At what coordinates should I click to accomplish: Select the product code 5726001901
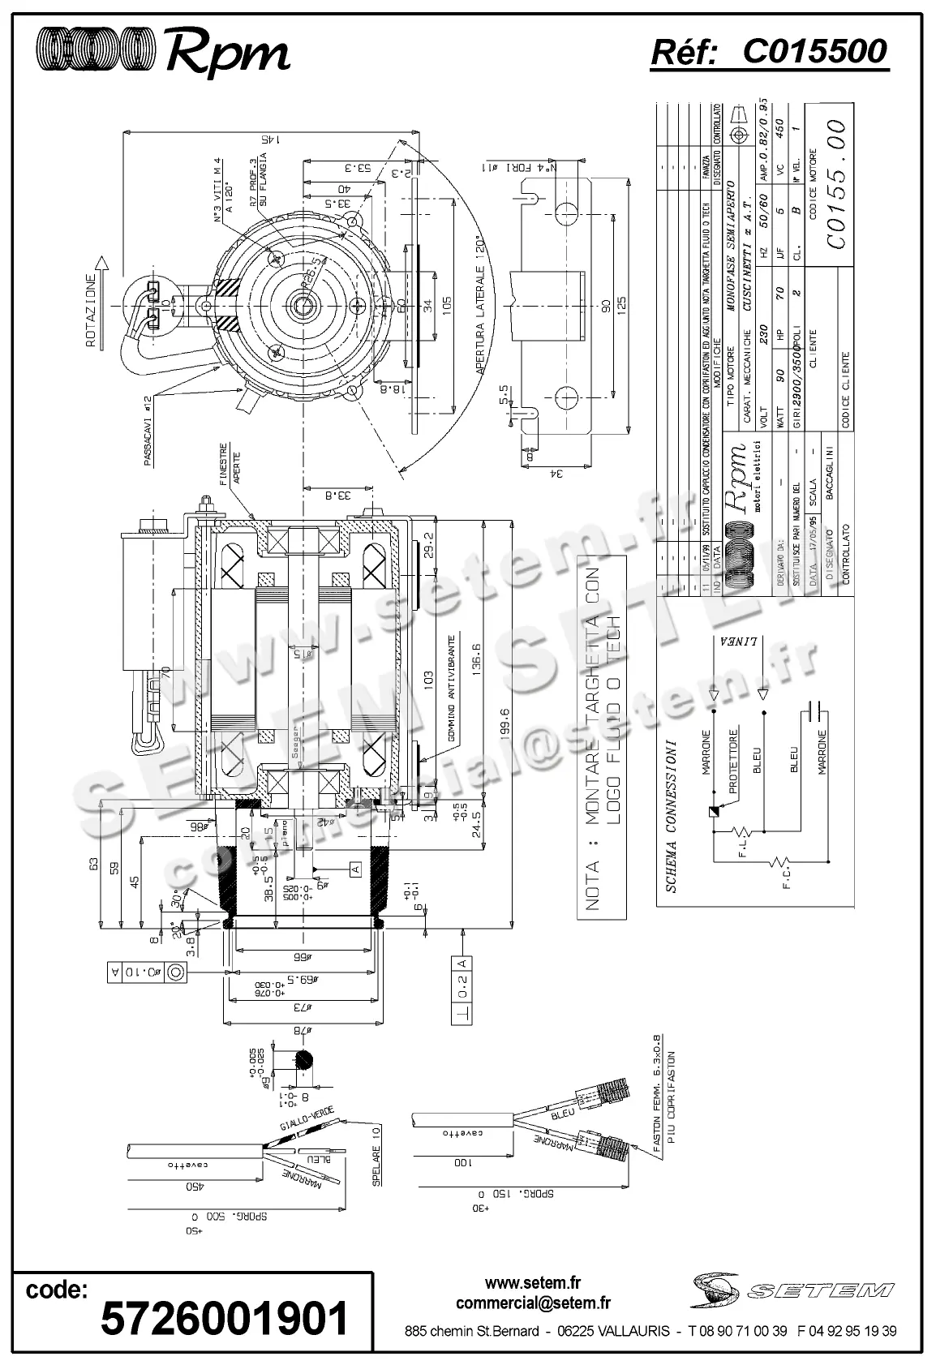pos(224,1319)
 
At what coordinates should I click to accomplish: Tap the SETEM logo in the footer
pos(792,1289)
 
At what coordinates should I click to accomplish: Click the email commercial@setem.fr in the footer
pos(533,1303)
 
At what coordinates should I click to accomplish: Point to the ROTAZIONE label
pos(92,311)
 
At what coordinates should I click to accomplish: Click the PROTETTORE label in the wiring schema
pos(733,761)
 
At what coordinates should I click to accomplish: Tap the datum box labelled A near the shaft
pos(354,869)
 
